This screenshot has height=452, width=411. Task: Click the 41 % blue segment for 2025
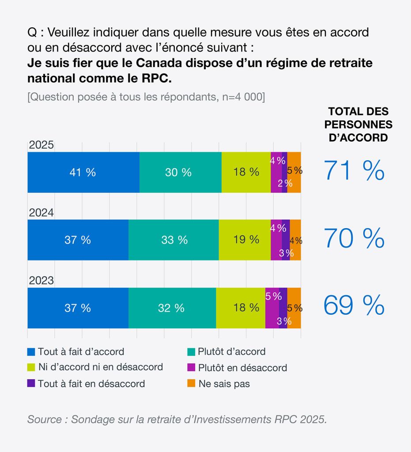coord(83,172)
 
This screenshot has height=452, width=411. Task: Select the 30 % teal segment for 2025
coord(180,172)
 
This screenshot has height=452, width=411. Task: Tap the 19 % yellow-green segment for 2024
coord(245,240)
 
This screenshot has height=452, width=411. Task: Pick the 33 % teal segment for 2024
coord(173,240)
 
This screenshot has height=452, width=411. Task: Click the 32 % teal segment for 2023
coord(172,308)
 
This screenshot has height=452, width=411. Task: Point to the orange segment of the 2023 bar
coord(294,308)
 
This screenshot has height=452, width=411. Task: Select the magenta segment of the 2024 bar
coord(276,240)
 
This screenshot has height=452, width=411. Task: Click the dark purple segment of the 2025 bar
coord(285,172)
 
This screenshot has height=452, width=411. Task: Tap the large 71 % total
coord(354,170)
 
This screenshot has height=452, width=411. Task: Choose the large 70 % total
coord(354,238)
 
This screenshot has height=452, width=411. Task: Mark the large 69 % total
coord(354,305)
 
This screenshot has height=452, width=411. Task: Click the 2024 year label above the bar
coord(41,213)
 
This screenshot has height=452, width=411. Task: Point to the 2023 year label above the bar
coord(41,281)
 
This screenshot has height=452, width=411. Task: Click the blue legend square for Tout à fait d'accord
coord(31,352)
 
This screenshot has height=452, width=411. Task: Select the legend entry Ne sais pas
coord(224,384)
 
